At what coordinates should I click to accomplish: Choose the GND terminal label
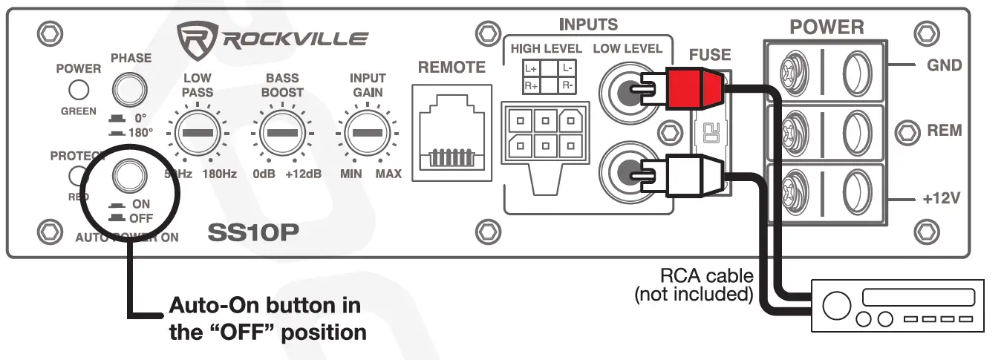[944, 65]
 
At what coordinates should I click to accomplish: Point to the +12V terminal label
[942, 199]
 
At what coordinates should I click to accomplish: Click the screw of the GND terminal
[790, 73]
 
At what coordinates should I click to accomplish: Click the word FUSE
[709, 54]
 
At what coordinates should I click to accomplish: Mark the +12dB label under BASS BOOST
[304, 174]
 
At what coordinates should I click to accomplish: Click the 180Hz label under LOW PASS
[219, 174]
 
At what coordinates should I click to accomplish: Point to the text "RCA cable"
[706, 277]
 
